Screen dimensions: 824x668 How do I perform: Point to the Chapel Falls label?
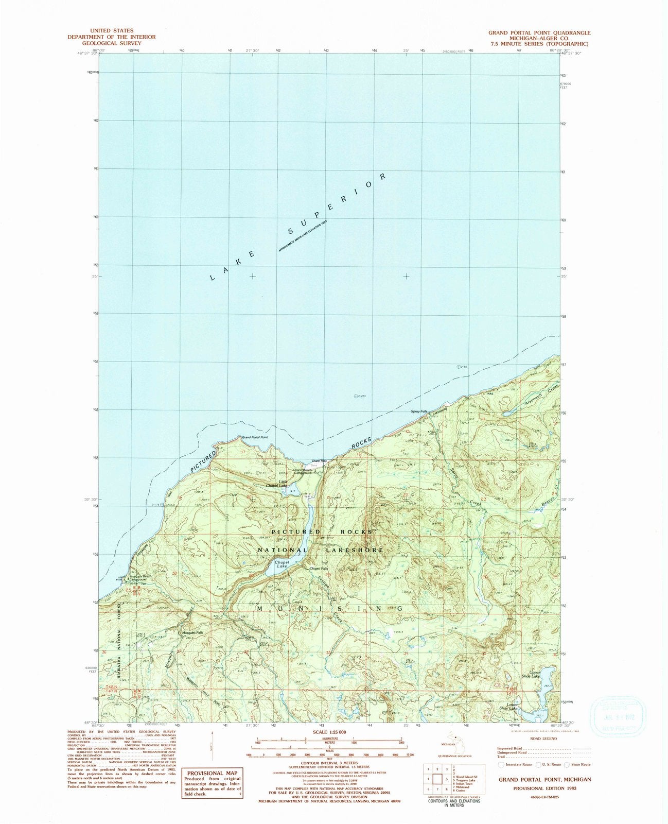(319, 569)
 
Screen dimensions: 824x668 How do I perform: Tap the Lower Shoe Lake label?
(512, 707)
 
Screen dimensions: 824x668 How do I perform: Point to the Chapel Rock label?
(320, 461)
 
